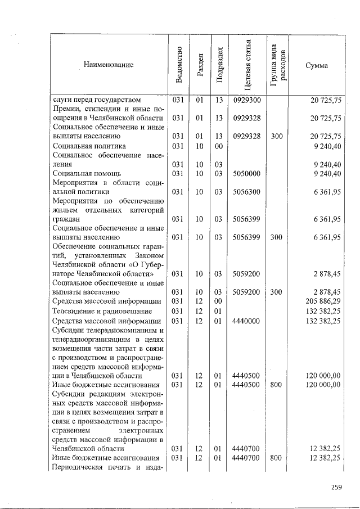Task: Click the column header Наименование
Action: coord(109,65)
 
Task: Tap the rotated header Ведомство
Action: coord(179,65)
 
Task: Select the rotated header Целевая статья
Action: coord(247,65)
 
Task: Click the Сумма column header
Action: coord(316,65)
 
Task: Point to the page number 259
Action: coord(336,487)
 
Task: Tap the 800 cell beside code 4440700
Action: coord(276,458)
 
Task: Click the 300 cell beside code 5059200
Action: coord(276,292)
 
